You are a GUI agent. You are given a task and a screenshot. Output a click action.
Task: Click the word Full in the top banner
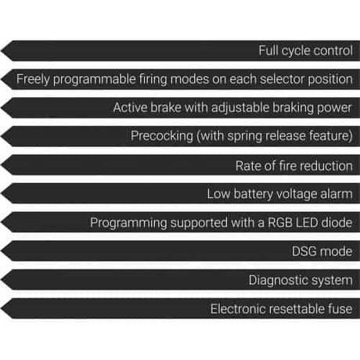268,50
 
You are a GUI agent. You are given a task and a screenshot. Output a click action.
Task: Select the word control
333,50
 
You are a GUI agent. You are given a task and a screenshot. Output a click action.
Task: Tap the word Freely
33,79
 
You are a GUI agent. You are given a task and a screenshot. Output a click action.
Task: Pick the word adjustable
240,108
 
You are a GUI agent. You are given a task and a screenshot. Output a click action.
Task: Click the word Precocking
162,136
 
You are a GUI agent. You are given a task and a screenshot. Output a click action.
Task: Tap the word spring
244,136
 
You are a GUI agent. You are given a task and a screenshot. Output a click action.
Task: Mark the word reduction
327,166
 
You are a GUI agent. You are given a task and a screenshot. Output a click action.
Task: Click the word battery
253,194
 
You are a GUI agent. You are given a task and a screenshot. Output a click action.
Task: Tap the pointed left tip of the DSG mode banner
1,251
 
